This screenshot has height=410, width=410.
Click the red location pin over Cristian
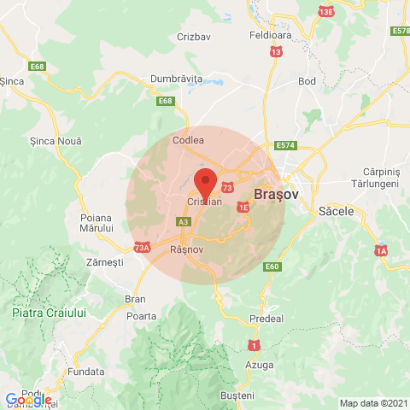coord(205,183)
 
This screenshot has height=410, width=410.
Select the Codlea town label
coord(188,139)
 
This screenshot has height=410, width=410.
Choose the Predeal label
coord(266,319)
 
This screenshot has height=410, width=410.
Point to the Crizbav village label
coord(193,37)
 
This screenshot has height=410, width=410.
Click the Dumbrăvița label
coord(175,78)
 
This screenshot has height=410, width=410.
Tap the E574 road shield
coord(285,146)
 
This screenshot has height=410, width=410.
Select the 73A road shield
coord(142,248)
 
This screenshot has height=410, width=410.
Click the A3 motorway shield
coord(183,222)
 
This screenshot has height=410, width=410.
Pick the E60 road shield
coord(272,267)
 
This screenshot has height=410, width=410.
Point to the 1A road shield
coord(380,250)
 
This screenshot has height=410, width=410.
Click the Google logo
coord(28,400)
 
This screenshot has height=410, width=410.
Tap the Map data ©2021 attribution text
coord(373,403)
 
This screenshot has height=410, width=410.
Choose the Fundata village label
coord(87,372)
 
